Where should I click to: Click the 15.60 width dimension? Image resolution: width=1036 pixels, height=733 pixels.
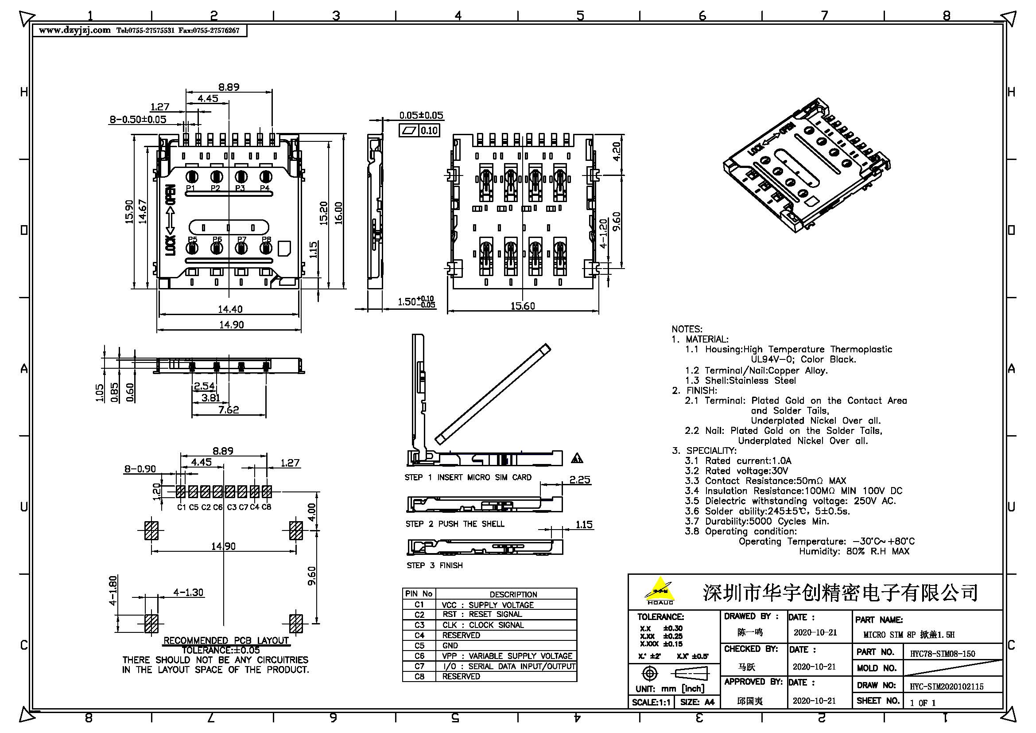[523, 306]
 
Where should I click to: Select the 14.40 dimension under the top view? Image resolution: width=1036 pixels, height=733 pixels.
[230, 309]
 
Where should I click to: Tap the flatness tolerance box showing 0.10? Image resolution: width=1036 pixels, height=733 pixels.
[428, 131]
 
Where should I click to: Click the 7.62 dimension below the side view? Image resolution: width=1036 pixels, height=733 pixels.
[228, 410]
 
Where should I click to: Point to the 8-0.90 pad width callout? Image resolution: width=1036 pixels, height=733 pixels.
[140, 469]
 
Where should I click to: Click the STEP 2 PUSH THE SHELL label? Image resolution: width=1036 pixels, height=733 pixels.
[454, 524]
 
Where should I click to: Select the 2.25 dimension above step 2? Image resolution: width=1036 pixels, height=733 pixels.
[579, 480]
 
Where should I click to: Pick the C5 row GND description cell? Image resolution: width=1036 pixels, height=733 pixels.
[505, 645]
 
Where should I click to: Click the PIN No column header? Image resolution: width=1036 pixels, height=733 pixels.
[419, 593]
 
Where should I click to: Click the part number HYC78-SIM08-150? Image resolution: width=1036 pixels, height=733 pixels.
[942, 654]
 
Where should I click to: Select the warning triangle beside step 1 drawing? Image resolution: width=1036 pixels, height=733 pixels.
[577, 459]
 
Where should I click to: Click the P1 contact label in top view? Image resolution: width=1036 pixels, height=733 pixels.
[190, 188]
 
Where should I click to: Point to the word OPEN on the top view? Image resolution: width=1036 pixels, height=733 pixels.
[171, 195]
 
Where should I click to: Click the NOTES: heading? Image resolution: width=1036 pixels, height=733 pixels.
[687, 329]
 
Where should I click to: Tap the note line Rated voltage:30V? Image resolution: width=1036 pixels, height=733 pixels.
[737, 471]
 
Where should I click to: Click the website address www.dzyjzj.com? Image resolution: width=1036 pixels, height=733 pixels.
[74, 30]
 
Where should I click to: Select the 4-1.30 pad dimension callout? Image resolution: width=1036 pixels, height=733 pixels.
[188, 592]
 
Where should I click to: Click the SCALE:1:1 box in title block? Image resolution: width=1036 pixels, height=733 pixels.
[651, 702]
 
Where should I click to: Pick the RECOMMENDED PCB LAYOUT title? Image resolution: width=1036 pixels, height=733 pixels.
[225, 640]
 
